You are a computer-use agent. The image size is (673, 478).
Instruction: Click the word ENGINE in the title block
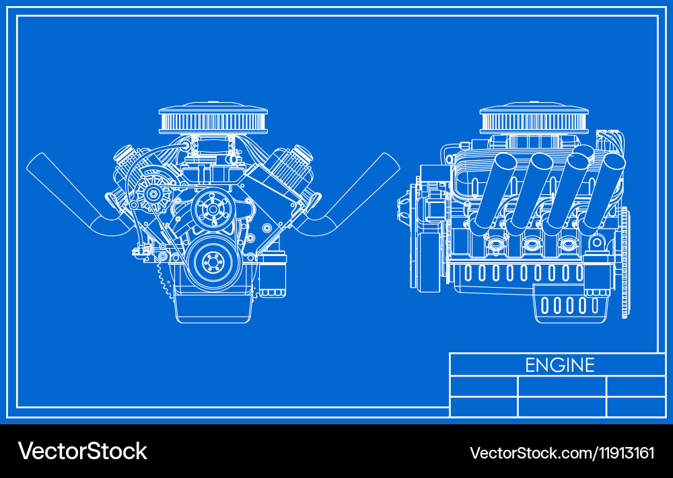point(560,365)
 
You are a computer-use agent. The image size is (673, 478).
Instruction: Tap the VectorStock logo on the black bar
point(82,450)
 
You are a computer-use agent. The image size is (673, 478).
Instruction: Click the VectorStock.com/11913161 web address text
point(561,452)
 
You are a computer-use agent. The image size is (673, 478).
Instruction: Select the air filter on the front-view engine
point(204,119)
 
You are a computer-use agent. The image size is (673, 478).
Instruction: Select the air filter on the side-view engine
point(524,119)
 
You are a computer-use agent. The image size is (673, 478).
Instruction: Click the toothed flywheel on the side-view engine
point(625,262)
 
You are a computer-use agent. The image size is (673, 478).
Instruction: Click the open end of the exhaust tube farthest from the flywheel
point(505,163)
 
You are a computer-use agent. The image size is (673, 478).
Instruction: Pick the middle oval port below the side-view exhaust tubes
point(532,243)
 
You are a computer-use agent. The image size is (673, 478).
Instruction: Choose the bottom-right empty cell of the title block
point(635,407)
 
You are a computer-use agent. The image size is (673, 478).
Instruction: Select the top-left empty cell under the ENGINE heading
point(483,387)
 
